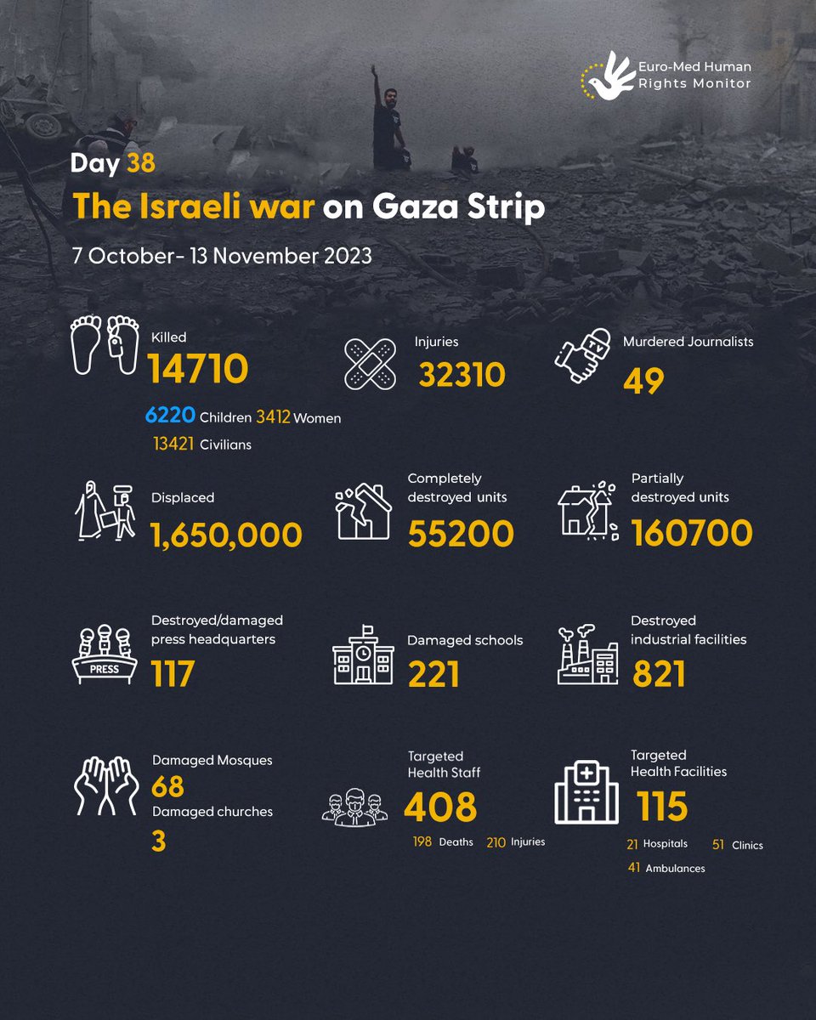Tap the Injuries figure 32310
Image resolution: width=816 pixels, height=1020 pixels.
[x=462, y=373]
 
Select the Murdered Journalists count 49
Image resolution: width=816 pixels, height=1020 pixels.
[x=643, y=382]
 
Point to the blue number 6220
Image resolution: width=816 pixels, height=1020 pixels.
[x=169, y=417]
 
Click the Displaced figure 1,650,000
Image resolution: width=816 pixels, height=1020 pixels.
[x=226, y=534]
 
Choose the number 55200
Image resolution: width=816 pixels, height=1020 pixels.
[x=461, y=534]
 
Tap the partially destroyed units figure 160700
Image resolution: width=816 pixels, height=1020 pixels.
[x=692, y=533]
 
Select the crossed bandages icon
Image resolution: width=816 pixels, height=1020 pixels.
[x=369, y=364]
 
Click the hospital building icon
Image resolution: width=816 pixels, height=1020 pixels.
[x=586, y=791]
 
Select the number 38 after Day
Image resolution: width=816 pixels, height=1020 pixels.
[x=140, y=163]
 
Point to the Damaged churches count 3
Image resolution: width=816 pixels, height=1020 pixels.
[x=159, y=841]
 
